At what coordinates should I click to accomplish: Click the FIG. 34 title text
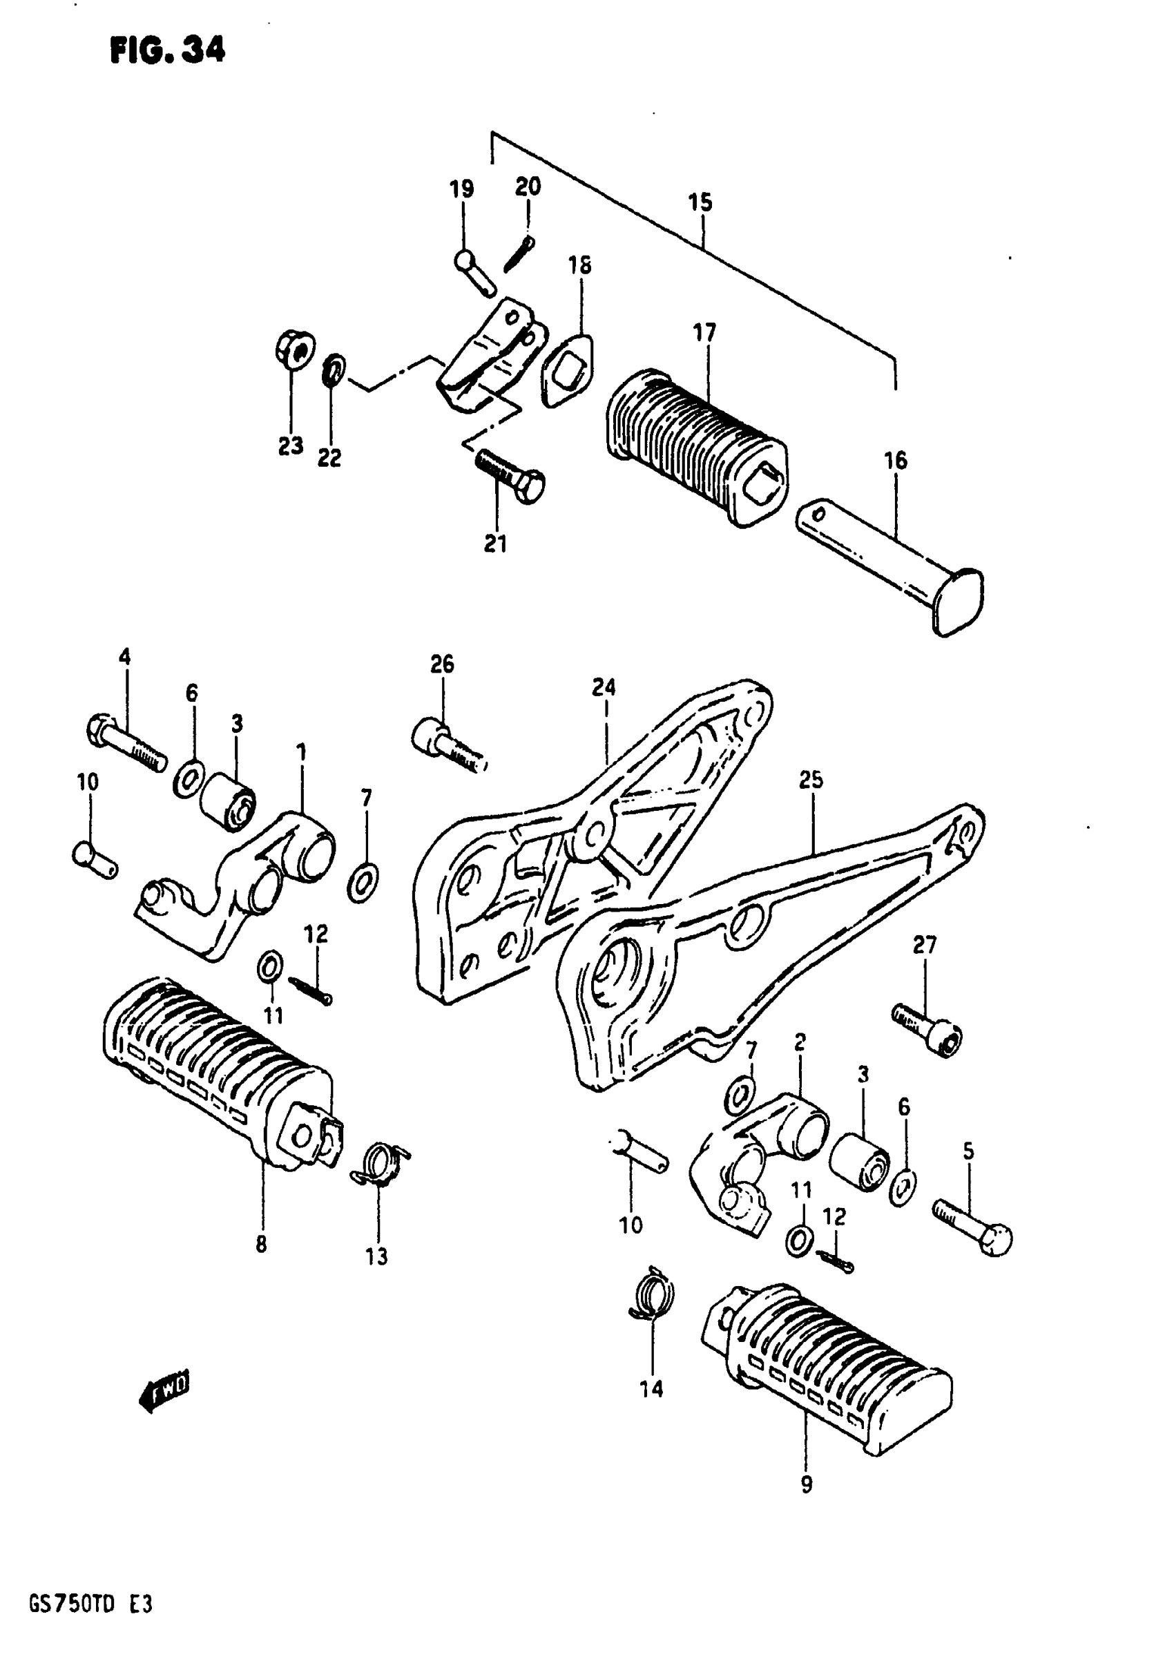click(168, 50)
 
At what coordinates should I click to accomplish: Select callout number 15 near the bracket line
click(700, 202)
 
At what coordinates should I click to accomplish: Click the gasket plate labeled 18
click(566, 369)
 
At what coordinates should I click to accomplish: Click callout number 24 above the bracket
click(604, 687)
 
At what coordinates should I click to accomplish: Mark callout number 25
click(811, 780)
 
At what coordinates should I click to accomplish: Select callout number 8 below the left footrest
click(262, 1245)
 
